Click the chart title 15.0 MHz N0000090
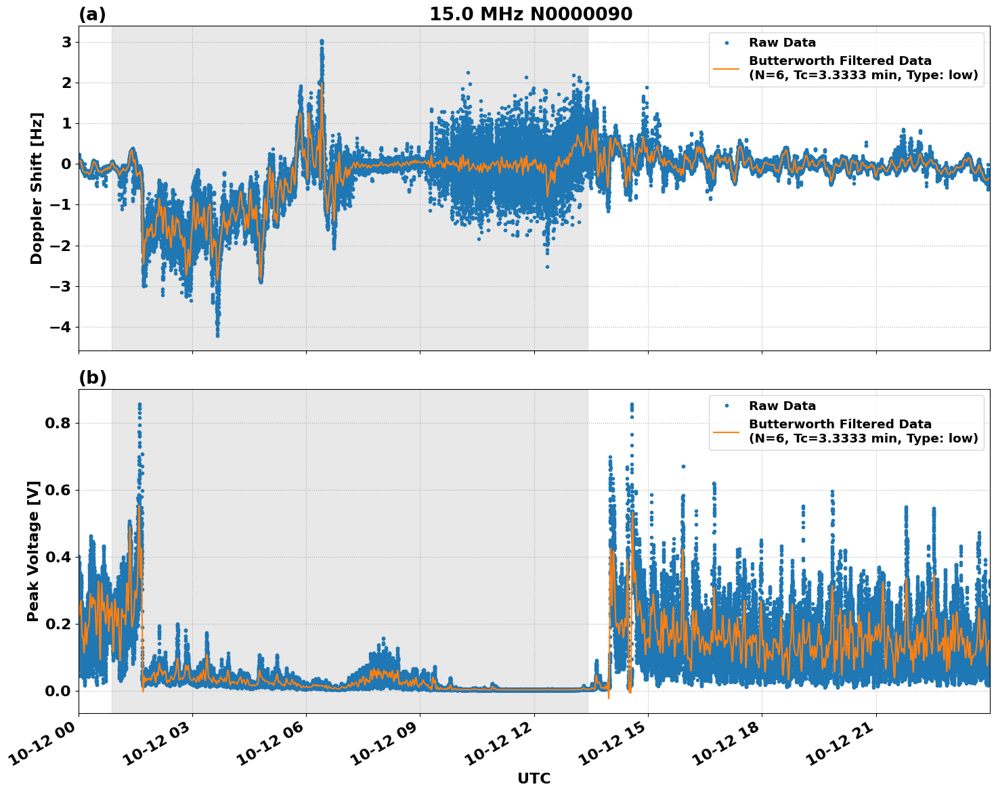point(531,14)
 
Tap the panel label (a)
point(92,14)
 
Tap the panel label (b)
point(92,378)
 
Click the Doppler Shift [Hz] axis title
point(37,188)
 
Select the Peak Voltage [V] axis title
point(33,551)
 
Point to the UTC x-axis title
point(534,778)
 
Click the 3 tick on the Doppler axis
point(66,42)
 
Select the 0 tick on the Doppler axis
point(66,164)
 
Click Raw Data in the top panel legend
point(782,43)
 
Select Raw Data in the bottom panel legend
point(782,406)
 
